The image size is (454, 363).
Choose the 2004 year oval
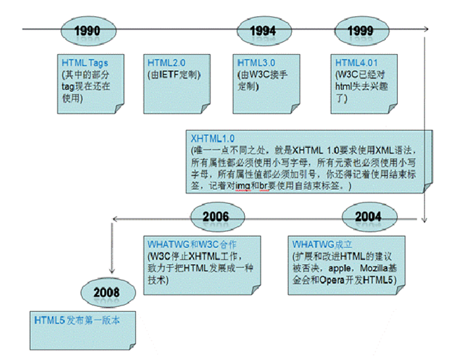tap(367, 217)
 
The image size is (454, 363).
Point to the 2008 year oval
tap(106, 292)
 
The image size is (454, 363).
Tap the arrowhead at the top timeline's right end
tap(426, 29)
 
